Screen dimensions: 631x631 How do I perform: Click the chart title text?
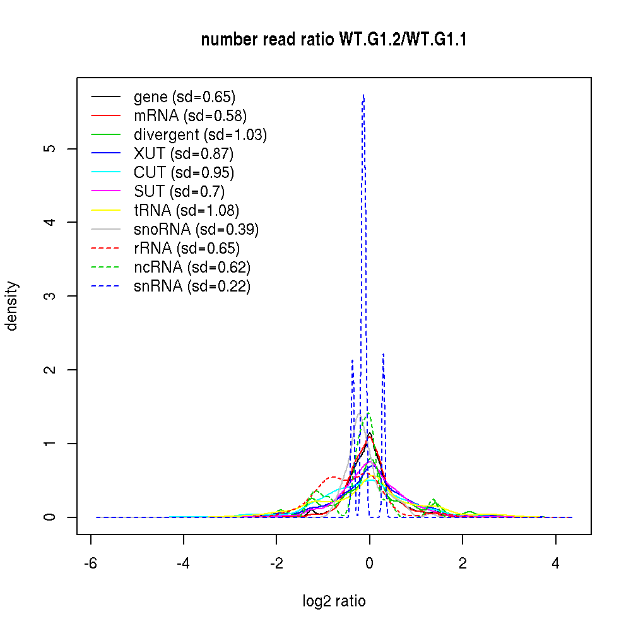pyautogui.click(x=334, y=40)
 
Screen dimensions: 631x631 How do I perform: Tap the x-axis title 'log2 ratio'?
pyautogui.click(x=334, y=601)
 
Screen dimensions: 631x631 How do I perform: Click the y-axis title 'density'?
pyautogui.click(x=12, y=306)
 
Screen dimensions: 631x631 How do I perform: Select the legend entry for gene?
pyautogui.click(x=184, y=97)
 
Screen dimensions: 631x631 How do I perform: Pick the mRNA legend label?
pyautogui.click(x=190, y=116)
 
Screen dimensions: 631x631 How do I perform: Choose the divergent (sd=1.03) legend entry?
pyautogui.click(x=200, y=135)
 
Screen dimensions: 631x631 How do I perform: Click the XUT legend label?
pyautogui.click(x=184, y=154)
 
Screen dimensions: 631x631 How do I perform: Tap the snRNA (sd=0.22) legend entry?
pyautogui.click(x=192, y=286)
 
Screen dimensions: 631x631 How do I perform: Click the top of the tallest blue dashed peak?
pyautogui.click(x=363, y=95)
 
